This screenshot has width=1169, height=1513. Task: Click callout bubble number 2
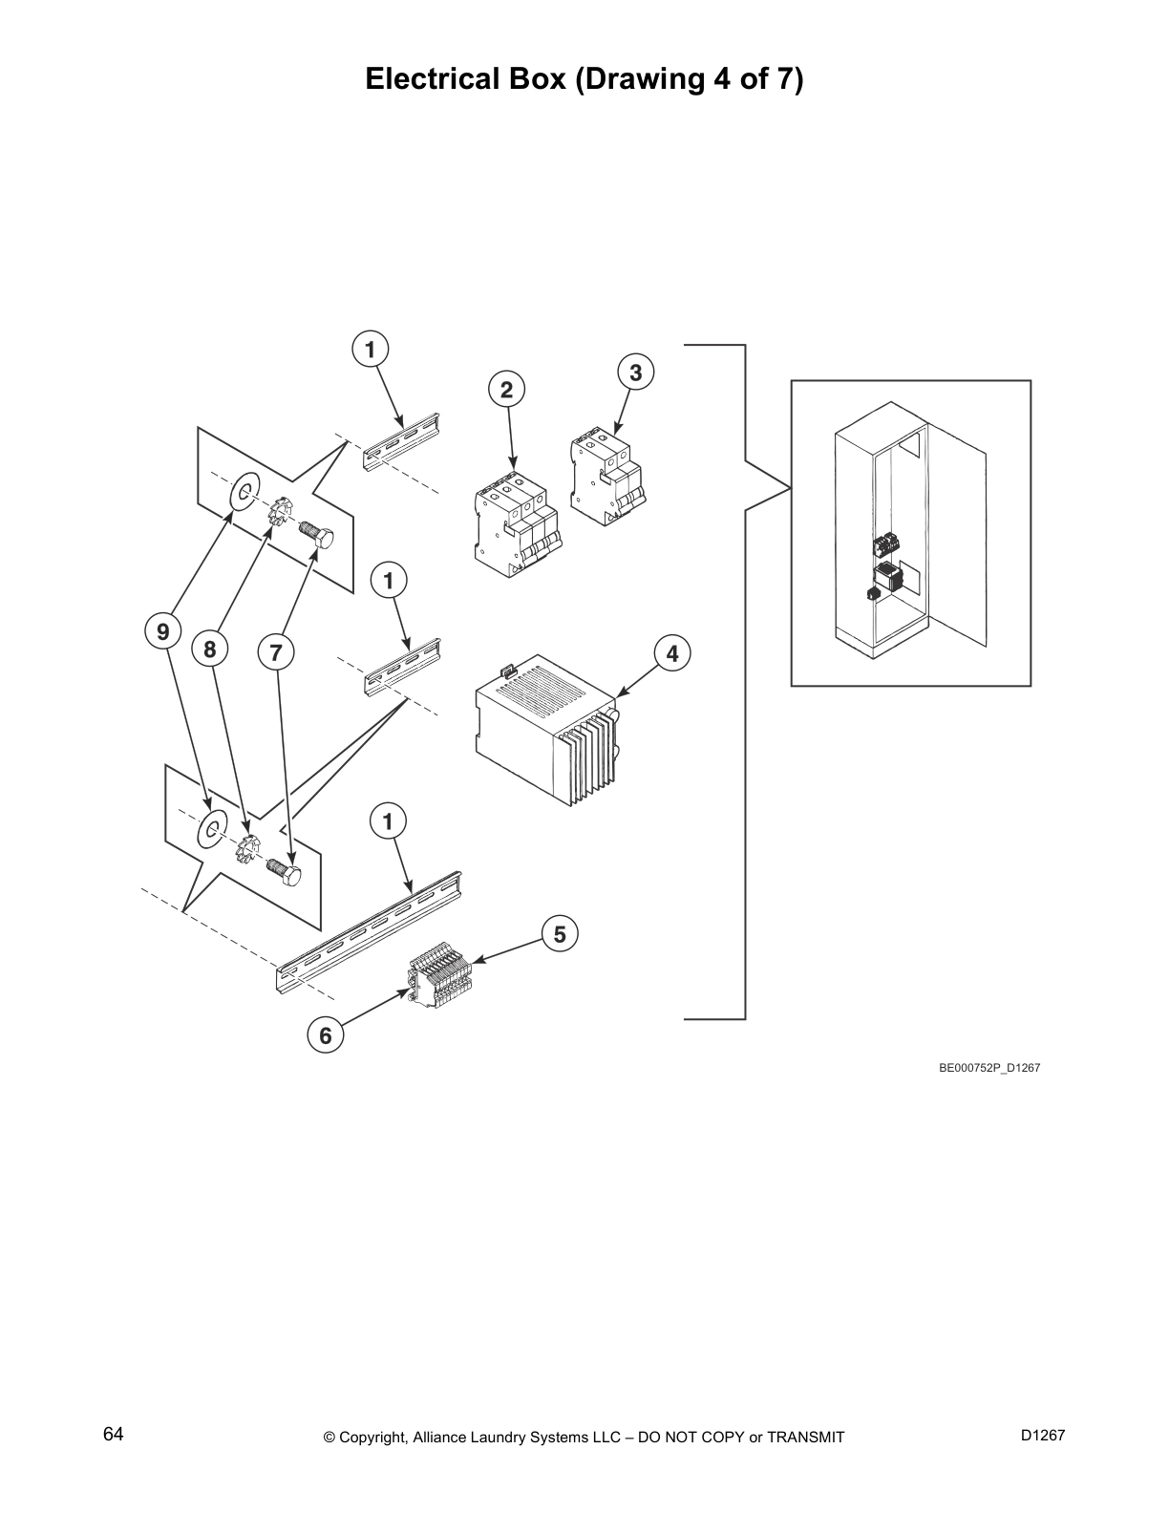(506, 389)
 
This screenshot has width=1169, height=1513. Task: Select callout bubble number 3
(636, 372)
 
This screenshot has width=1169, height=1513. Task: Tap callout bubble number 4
(672, 653)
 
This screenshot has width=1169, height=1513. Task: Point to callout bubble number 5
(560, 934)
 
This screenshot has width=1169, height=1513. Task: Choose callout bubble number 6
(325, 1034)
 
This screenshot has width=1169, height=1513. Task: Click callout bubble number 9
(162, 631)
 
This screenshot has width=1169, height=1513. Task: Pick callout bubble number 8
(210, 650)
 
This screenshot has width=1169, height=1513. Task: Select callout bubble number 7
(276, 653)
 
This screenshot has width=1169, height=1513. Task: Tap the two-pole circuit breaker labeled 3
(606, 478)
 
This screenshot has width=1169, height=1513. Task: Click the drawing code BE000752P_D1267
(988, 1068)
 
